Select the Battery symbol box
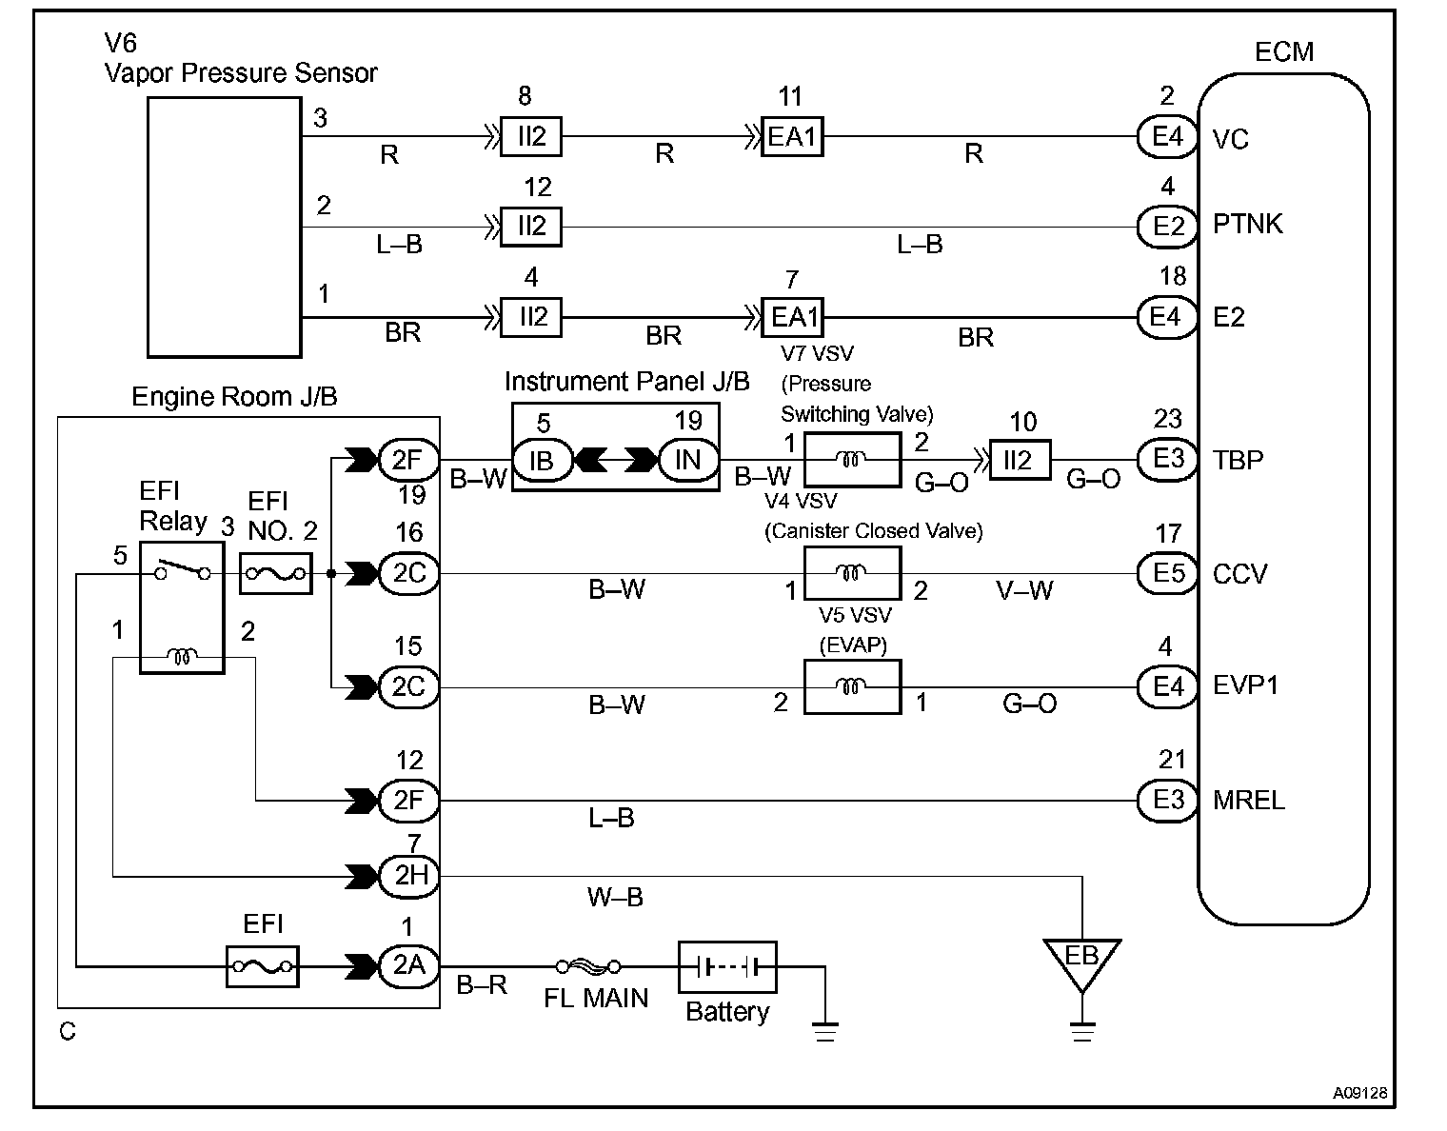point(727,966)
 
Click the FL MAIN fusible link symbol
point(588,965)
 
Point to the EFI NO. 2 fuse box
point(276,573)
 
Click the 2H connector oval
point(408,876)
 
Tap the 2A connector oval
point(408,965)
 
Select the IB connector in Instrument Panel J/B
point(542,460)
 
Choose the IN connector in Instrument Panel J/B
point(688,459)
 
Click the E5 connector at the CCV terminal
point(1167,573)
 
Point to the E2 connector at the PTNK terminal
point(1167,227)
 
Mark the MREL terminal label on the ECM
point(1249,800)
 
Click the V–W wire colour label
point(1024,590)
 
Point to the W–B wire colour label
point(615,898)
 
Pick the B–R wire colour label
point(482,984)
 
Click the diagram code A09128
point(1359,1092)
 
